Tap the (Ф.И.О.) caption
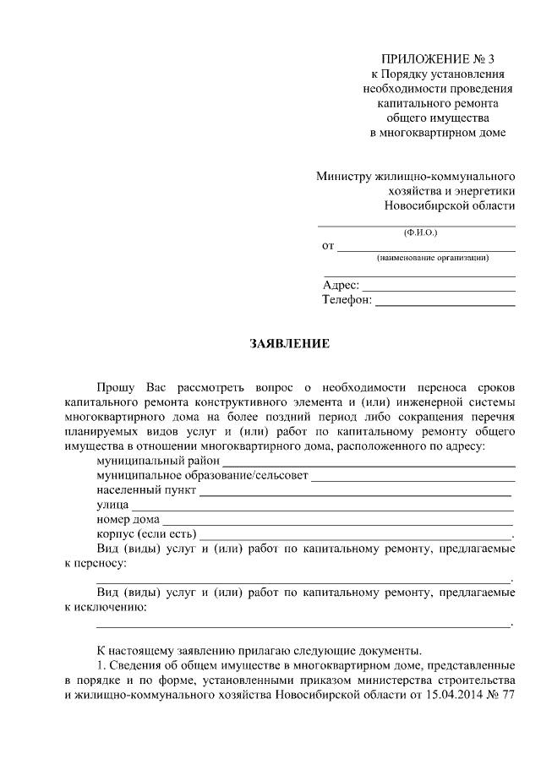417,232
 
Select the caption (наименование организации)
433,257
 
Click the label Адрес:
342,286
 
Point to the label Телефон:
347,300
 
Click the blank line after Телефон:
445,302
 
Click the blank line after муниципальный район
369,462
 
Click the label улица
112,505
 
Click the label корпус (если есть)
145,534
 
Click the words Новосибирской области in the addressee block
449,206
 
